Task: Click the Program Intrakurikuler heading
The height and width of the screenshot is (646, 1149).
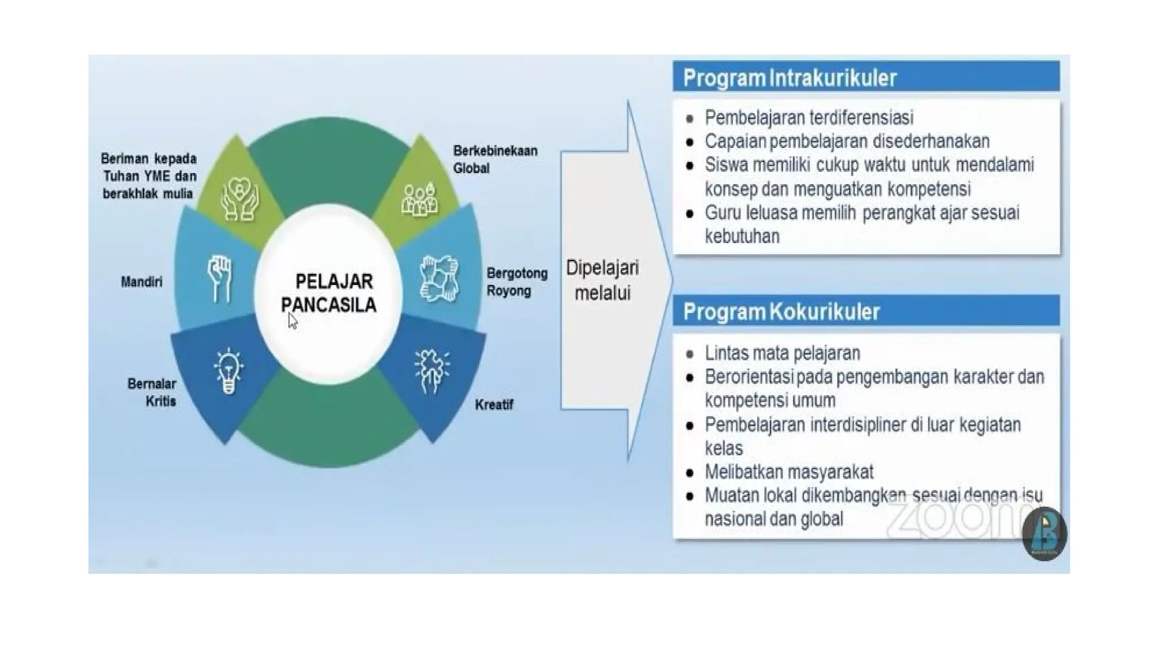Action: (789, 78)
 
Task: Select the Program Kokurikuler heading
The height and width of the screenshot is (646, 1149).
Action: (781, 311)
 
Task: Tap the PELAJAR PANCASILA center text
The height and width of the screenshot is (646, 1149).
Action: (329, 293)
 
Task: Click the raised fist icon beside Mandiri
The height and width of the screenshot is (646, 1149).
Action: (219, 279)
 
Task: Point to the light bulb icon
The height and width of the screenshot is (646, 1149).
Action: (228, 371)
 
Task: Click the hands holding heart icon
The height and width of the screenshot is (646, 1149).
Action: (240, 199)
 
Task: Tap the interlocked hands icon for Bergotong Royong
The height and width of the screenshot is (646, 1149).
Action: (439, 279)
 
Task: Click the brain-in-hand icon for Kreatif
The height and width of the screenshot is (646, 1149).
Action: (431, 371)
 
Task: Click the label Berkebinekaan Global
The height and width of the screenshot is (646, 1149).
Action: (494, 159)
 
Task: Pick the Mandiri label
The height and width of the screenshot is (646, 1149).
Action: (141, 282)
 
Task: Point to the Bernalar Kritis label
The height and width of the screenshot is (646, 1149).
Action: (153, 393)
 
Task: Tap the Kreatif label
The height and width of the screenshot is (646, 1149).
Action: (494, 405)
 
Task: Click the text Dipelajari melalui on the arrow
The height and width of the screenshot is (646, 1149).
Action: (602, 280)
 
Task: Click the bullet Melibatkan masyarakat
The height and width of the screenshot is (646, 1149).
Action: (788, 472)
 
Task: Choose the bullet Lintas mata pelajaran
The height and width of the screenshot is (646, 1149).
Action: (782, 353)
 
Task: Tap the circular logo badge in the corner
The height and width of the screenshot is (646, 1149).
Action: (1044, 534)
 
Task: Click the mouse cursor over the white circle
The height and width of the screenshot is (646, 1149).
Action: (292, 321)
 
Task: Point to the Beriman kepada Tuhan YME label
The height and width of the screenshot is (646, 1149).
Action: (149, 176)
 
